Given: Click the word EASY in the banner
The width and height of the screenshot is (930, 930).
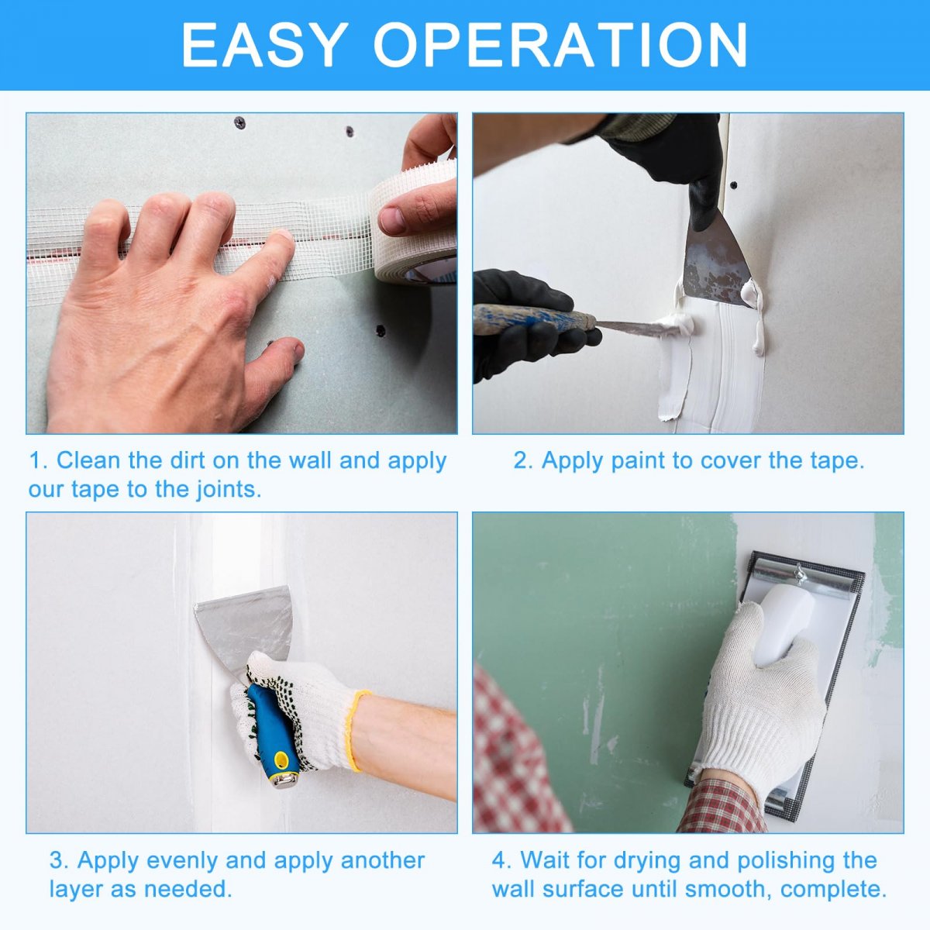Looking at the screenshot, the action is [x=264, y=45].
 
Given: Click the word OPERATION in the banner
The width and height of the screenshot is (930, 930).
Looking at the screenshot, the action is [x=561, y=45].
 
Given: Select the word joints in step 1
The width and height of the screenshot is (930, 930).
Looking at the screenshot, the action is [x=228, y=489].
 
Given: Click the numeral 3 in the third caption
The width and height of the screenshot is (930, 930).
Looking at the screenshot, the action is [x=56, y=860].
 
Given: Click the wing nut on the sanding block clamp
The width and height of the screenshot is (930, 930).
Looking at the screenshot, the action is [x=800, y=575].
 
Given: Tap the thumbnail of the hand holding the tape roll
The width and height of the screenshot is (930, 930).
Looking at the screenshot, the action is [x=392, y=219].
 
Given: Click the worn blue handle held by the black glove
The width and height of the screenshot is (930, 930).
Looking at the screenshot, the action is [x=533, y=319].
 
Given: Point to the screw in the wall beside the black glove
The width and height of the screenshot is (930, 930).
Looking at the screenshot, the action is [x=734, y=185].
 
